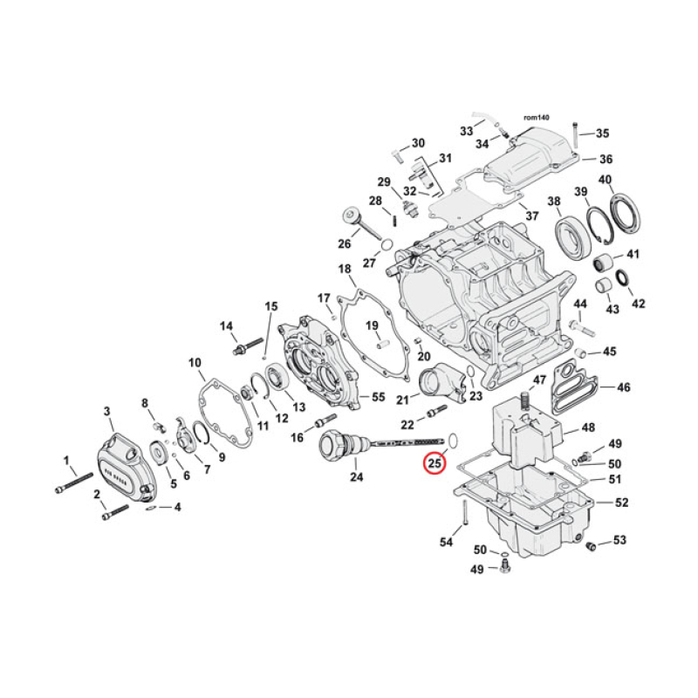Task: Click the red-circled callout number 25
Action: click(x=434, y=464)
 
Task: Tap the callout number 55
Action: click(x=378, y=397)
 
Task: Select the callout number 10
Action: click(x=195, y=362)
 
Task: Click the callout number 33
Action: click(x=467, y=131)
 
